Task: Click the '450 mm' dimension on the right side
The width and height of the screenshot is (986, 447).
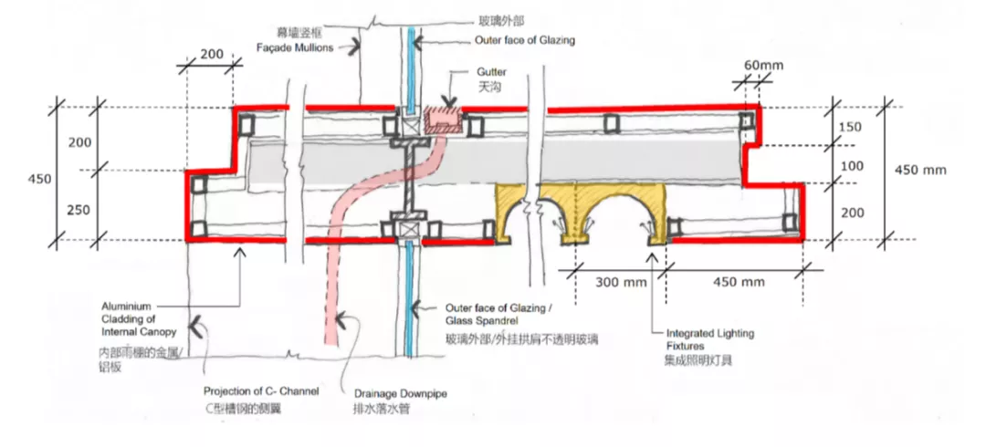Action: [x=920, y=171]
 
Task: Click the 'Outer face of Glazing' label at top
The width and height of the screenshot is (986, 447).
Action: [x=525, y=41]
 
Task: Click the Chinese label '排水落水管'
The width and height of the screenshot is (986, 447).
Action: [x=381, y=410]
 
